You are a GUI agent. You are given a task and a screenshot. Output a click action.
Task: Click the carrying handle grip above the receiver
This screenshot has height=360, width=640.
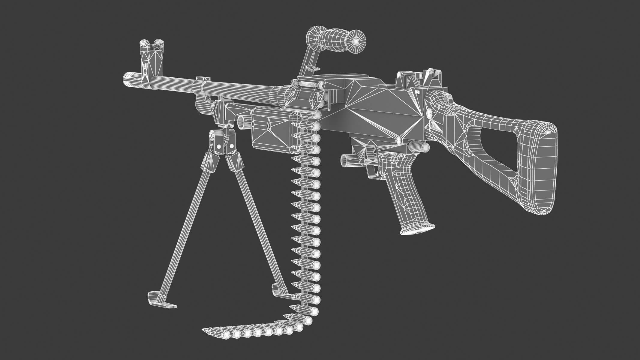(336, 40)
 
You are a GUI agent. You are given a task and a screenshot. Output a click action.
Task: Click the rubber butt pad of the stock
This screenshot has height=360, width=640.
(540, 168)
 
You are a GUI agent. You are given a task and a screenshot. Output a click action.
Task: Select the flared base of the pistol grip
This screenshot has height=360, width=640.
(417, 229)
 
